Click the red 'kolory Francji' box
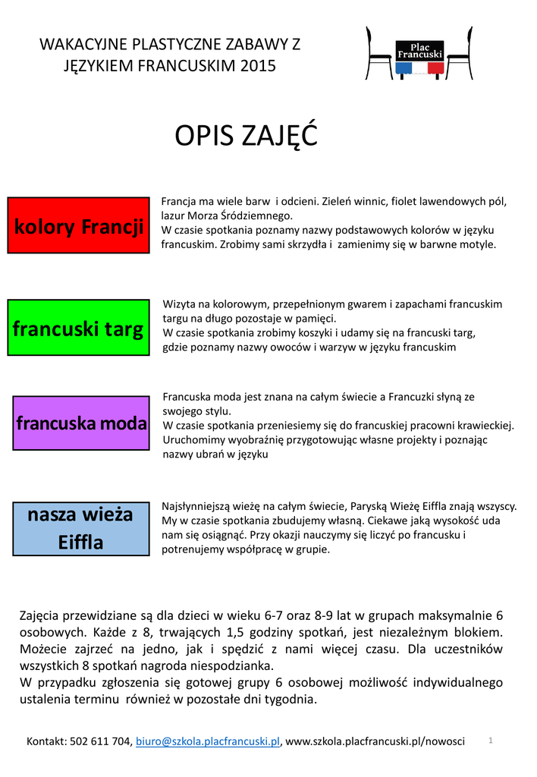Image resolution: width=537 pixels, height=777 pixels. pyautogui.click(x=78, y=225)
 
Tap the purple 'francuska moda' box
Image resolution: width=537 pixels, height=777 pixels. pyautogui.click(x=82, y=423)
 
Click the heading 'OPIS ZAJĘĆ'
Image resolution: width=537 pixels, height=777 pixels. pyautogui.click(x=246, y=137)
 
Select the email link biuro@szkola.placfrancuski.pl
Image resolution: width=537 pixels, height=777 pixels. pyautogui.click(x=207, y=741)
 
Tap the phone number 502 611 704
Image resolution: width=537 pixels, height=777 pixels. pyautogui.click(x=101, y=741)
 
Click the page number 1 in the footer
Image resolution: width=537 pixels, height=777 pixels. pyautogui.click(x=491, y=739)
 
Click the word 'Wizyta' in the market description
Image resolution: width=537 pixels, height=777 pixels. pyautogui.click(x=179, y=304)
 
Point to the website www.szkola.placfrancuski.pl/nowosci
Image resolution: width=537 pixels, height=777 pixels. pyautogui.click(x=375, y=741)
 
